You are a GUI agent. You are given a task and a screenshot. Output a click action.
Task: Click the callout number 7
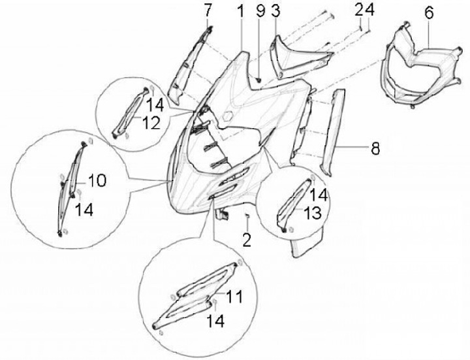(x=208, y=11)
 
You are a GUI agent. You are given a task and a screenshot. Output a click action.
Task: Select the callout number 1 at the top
(x=241, y=11)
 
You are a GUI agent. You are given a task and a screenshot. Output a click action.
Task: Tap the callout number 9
(x=260, y=11)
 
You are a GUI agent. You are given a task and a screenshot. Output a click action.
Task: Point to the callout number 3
(x=275, y=11)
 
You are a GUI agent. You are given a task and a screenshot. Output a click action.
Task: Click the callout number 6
(x=430, y=13)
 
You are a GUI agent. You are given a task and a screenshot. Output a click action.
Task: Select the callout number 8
(x=375, y=148)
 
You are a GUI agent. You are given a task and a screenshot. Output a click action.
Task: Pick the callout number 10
(x=97, y=181)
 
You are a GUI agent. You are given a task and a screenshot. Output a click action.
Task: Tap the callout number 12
(x=151, y=123)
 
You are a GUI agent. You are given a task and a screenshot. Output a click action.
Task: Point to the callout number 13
(x=312, y=213)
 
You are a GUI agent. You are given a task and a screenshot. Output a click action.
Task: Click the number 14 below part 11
(x=215, y=321)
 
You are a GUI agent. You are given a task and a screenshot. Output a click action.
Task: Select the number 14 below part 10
(x=84, y=209)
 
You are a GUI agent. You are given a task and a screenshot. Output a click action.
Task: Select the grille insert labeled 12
(x=131, y=112)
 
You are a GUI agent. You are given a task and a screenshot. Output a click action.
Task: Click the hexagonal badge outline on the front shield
(x=228, y=115)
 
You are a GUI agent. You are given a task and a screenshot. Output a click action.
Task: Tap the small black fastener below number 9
(x=258, y=80)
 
